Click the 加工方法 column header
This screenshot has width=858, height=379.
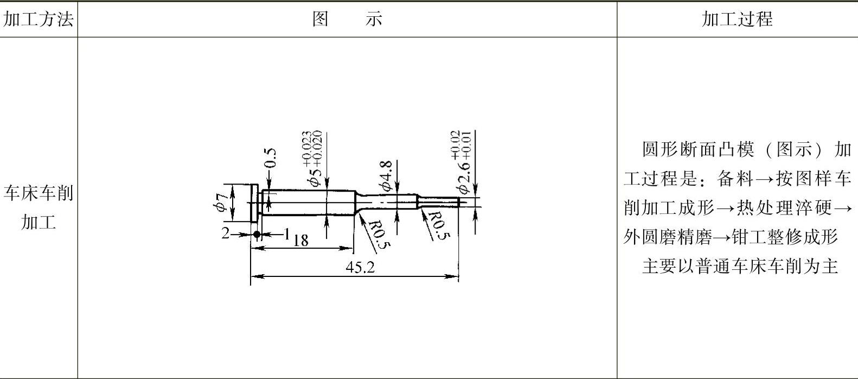click(x=38, y=20)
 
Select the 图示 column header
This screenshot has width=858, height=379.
click(x=347, y=20)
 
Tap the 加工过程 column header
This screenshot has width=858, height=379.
click(x=737, y=20)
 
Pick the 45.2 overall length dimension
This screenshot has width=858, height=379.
click(x=360, y=267)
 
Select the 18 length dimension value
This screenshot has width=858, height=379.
click(x=300, y=240)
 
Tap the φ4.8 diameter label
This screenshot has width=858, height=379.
click(x=386, y=175)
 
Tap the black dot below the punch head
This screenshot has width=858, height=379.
click(x=257, y=235)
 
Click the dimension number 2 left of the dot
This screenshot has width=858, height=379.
click(x=226, y=233)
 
